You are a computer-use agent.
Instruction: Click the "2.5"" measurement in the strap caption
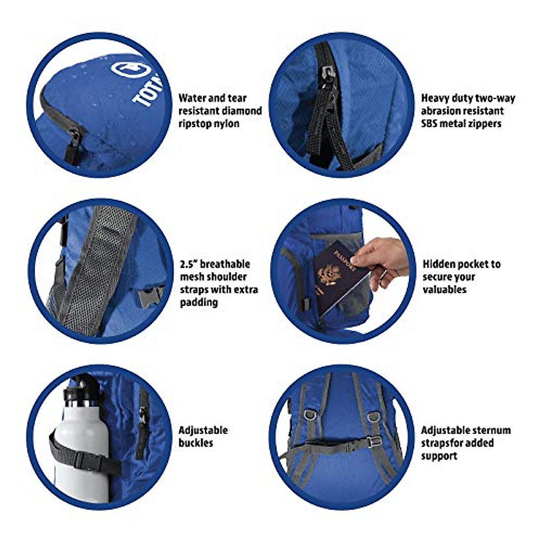pos(190,264)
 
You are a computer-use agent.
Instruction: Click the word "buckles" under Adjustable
pos(196,443)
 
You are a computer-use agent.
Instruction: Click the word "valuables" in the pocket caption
pos(445,290)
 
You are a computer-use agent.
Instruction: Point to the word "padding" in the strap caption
pos(199,302)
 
